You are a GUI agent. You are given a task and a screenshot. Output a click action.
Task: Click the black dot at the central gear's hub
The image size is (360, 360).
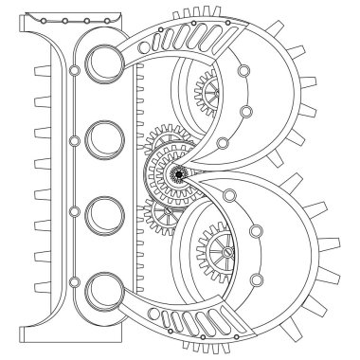179,173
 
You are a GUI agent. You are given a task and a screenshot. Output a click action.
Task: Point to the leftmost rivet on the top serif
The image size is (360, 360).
44,21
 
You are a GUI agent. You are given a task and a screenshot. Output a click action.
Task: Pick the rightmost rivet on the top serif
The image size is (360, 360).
107,21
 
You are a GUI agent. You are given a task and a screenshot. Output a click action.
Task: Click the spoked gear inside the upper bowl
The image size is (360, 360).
207,93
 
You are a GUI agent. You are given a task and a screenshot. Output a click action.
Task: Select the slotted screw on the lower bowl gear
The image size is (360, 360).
227,252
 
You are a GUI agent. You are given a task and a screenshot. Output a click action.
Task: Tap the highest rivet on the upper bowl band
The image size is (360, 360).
243,70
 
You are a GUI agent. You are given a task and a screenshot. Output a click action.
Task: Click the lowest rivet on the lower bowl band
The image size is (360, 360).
257,280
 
